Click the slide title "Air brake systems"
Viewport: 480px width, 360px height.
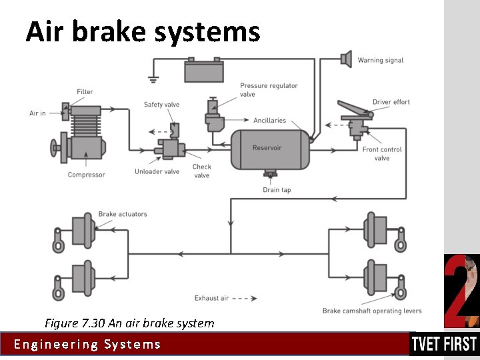click(143, 31)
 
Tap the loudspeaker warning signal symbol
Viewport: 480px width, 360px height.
click(345, 59)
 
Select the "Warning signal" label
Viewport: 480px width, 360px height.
click(380, 61)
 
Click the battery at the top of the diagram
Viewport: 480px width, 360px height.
click(204, 69)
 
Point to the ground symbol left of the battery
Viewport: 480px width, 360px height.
click(153, 79)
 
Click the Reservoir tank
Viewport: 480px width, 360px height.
click(270, 149)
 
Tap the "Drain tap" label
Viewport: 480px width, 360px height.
click(277, 190)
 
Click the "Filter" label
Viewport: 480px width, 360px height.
click(85, 92)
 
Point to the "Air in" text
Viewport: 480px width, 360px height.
click(37, 113)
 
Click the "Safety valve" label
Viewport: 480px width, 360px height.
click(161, 105)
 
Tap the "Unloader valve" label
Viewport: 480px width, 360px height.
click(157, 172)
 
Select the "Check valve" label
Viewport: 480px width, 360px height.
click(201, 171)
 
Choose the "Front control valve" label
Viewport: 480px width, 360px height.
click(382, 154)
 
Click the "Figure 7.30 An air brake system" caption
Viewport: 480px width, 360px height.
click(129, 323)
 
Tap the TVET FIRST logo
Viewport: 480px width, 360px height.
click(444, 344)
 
